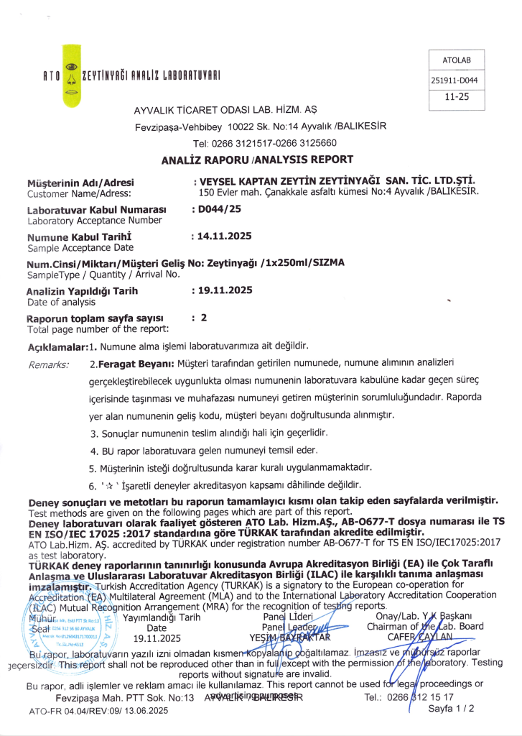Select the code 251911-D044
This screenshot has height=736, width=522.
(455, 80)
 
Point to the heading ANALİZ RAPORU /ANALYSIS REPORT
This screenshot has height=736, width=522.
(258, 160)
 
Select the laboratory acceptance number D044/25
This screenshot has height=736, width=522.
(218, 209)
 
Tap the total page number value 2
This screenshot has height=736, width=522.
(204, 317)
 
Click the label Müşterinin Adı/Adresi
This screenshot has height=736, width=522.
(80, 183)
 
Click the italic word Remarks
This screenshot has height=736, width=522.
(48, 365)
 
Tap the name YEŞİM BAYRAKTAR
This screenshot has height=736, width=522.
(289, 637)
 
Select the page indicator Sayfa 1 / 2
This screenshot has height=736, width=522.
(451, 708)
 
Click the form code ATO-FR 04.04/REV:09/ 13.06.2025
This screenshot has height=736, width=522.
(98, 710)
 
